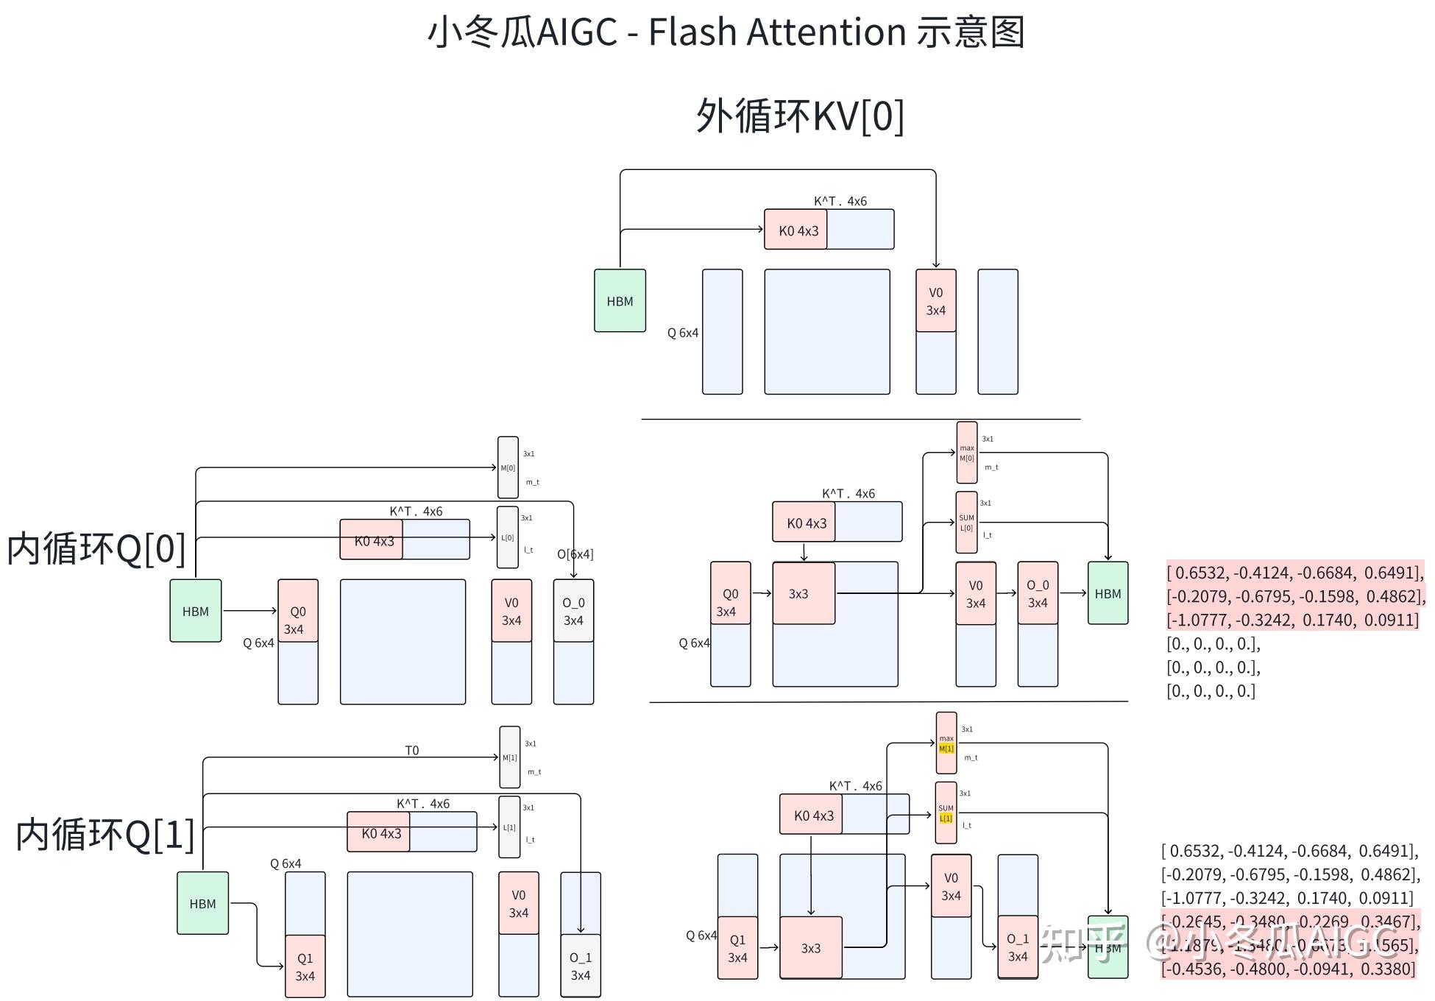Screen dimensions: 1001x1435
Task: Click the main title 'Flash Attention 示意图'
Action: point(835,33)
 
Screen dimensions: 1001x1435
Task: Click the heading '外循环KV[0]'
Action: point(800,116)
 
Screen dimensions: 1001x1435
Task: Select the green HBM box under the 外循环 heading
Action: point(620,300)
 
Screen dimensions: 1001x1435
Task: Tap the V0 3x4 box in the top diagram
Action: point(935,300)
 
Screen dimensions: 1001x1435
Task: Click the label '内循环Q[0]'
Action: point(96,549)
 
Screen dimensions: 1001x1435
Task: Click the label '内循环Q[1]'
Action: point(105,835)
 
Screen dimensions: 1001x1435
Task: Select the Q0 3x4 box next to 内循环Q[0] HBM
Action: point(297,611)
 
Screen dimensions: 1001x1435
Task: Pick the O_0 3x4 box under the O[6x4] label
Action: point(573,611)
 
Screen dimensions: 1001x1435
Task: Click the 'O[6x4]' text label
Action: point(575,554)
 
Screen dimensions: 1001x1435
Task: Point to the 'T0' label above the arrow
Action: point(412,750)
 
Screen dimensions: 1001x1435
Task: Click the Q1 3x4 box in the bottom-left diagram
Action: point(305,966)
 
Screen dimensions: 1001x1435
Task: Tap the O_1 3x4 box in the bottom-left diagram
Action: point(581,966)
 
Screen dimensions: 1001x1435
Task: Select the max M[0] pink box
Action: point(967,453)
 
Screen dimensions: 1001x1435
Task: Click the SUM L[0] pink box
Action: point(966,523)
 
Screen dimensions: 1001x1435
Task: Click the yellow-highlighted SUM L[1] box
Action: point(946,813)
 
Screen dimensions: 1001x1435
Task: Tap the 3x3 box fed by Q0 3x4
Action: point(803,593)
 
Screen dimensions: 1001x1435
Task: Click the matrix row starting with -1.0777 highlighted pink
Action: point(1292,620)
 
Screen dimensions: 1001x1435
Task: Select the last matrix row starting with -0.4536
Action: point(1288,969)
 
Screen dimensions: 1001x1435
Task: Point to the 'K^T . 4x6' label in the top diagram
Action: point(840,201)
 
